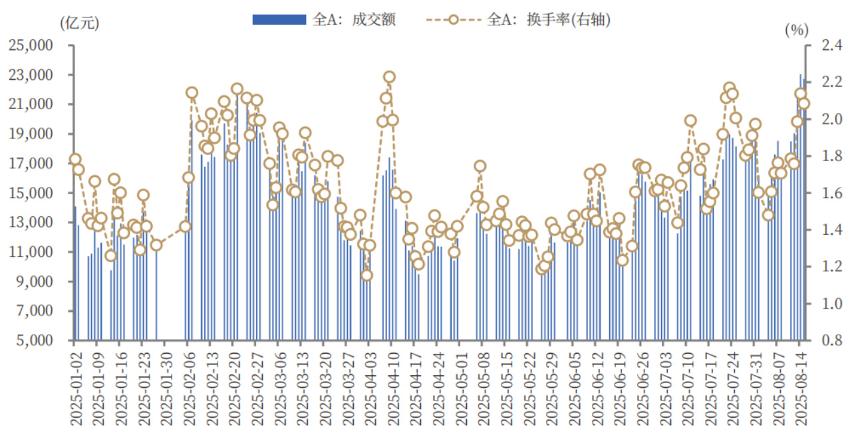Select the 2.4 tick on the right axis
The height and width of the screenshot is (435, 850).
tap(826, 46)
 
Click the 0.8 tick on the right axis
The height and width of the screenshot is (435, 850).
tap(826, 341)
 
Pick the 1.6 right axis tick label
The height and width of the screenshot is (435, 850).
tap(826, 194)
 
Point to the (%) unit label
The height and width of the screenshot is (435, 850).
tap(795, 29)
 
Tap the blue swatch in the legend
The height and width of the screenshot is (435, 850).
tap(279, 20)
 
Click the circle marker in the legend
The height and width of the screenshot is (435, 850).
tap(453, 20)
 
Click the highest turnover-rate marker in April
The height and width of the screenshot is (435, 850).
tap(389, 77)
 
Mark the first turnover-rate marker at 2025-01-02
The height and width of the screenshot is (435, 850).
tap(75, 160)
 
